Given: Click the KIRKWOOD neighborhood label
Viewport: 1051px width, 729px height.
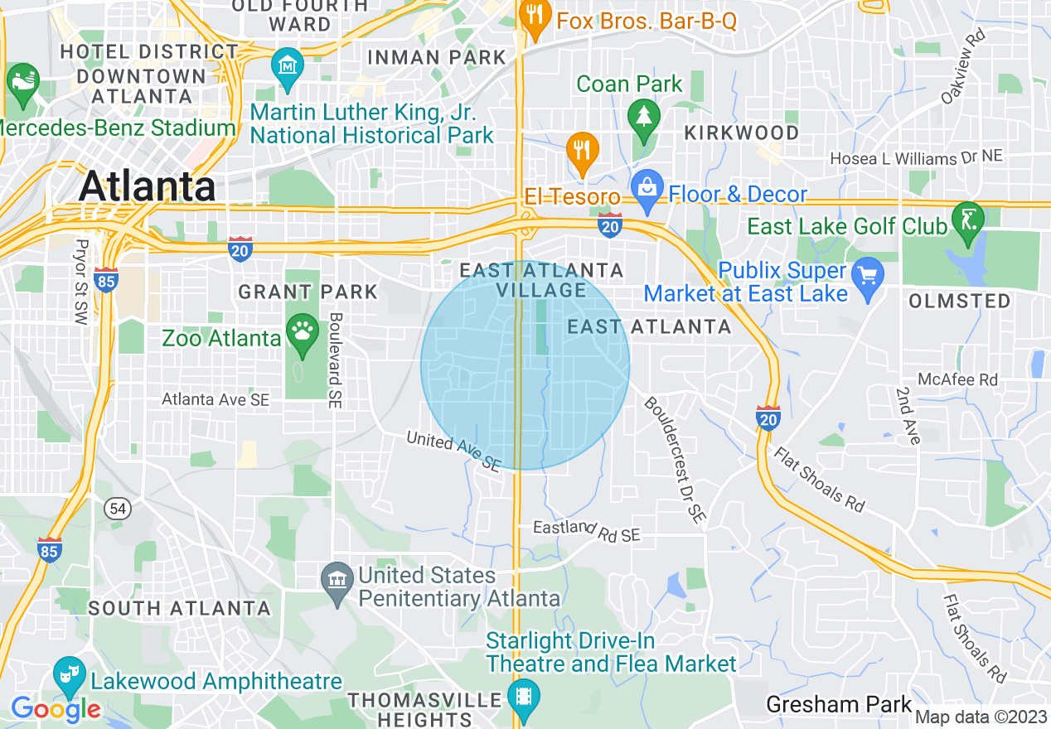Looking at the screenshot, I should click(x=741, y=133).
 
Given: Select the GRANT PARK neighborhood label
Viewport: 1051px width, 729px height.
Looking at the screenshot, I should click(x=308, y=292).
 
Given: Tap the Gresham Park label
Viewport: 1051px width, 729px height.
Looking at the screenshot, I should click(x=838, y=705).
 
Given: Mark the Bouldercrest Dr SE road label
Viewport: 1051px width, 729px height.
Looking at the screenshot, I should click(x=676, y=461).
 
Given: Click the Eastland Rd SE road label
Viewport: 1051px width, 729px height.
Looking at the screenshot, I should click(x=586, y=531).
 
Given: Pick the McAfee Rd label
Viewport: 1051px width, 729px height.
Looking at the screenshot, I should click(x=957, y=379).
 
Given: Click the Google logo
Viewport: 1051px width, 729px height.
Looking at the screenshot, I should click(x=56, y=709).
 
